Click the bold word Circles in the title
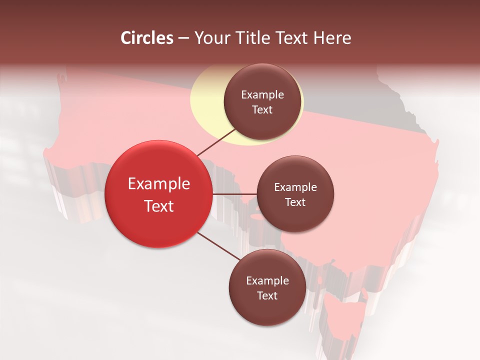click(147, 38)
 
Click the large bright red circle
click(158, 194)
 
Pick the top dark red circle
click(262, 101)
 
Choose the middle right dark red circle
click(295, 194)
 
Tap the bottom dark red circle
click(267, 287)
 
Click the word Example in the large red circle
click(159, 184)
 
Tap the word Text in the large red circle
click(159, 206)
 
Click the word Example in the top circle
click(262, 95)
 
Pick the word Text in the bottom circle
click(267, 295)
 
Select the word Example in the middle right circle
click(295, 187)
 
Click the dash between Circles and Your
click(183, 38)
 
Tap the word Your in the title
click(210, 38)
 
